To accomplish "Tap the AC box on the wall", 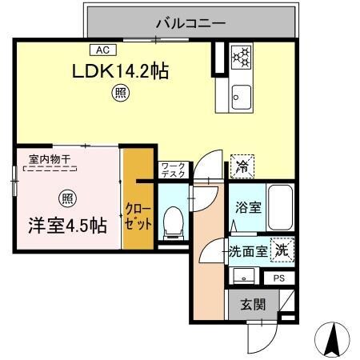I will [104, 48].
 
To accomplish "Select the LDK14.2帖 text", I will [120, 70].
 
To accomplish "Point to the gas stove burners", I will [241, 57].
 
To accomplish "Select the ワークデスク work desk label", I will [173, 169].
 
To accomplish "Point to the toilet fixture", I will [171, 222].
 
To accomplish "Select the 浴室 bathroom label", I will [247, 206].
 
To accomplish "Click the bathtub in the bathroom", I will [279, 206].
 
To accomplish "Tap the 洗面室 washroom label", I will [248, 251].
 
